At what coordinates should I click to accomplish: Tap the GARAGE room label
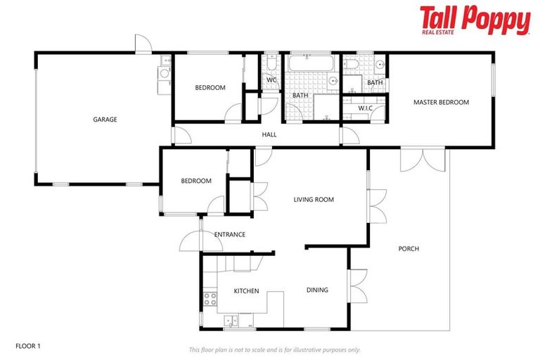point(105,120)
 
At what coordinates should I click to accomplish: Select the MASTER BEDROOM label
point(441,103)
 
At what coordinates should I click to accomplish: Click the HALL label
point(269,135)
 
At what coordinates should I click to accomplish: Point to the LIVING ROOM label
point(314,200)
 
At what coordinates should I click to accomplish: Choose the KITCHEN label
point(246,291)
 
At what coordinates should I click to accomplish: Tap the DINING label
point(317,290)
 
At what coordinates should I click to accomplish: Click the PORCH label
point(409,249)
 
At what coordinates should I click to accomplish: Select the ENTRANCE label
point(229,234)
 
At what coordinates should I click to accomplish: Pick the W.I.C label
point(364,108)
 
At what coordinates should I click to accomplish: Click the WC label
point(271,80)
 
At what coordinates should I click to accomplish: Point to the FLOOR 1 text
point(28,346)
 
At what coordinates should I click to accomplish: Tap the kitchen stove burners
point(210,301)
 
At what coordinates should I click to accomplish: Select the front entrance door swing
point(191,240)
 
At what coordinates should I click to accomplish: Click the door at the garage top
point(143,44)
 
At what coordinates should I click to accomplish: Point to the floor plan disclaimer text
point(274,349)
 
